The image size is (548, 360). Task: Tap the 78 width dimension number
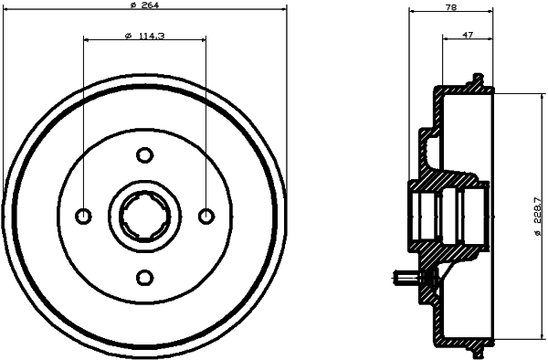pos(450,6)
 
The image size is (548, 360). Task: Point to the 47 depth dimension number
pos(468,35)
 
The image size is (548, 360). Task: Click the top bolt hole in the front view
pos(144,154)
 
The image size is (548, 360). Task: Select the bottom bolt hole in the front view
pos(144,277)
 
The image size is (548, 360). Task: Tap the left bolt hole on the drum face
pos(83,216)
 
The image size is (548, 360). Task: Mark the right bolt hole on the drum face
pos(205,216)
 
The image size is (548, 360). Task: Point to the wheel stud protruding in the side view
pos(403,278)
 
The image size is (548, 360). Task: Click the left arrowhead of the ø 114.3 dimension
pos(87,40)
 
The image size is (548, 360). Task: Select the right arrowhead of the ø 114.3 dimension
pos(202,40)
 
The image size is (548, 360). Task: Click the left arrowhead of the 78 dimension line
pos(412,12)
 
